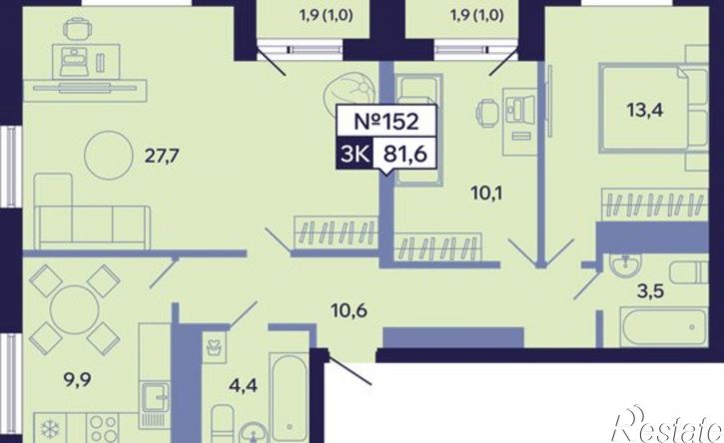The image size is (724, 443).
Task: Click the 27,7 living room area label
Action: point(162,157)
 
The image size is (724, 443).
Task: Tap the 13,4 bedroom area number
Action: point(644,110)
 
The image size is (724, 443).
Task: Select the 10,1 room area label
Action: point(486,193)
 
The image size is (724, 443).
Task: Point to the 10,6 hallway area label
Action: point(350,310)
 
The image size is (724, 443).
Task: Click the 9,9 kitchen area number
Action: point(77,380)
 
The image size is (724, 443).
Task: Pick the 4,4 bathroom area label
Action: point(243,384)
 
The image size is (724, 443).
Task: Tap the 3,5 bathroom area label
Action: point(649,291)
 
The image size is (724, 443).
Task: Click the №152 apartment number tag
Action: point(386,122)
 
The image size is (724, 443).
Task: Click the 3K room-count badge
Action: point(355,154)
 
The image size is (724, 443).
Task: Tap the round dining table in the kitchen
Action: point(74,308)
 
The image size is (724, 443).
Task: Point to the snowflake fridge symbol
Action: point(49,428)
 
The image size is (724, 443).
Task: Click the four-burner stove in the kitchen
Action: point(103,428)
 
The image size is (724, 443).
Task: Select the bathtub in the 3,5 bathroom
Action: point(663,326)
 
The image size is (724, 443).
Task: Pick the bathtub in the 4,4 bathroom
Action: point(289,397)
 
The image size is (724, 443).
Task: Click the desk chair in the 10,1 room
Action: point(487,112)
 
